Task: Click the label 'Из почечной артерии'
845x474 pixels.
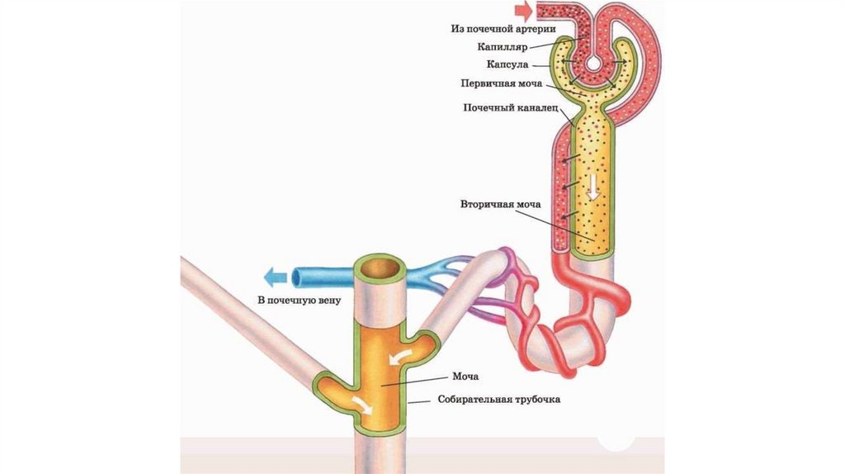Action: click(x=502, y=28)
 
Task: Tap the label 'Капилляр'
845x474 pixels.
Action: click(x=503, y=46)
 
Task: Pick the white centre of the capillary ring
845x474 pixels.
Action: click(x=592, y=62)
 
